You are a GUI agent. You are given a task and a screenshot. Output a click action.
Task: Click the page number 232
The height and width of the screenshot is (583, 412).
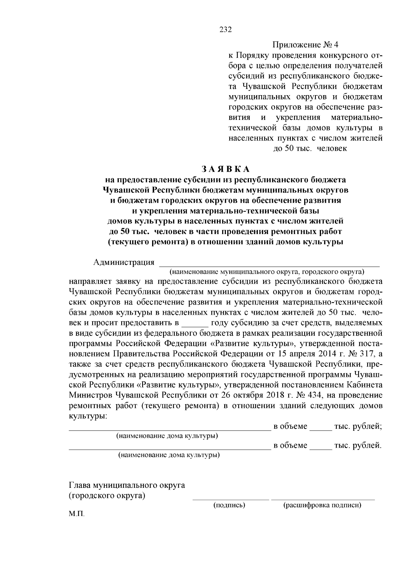pos(226,30)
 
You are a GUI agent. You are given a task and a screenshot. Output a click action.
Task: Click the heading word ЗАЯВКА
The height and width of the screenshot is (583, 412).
pos(226,169)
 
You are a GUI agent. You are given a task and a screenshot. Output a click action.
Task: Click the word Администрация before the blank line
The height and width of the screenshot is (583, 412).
pos(124,262)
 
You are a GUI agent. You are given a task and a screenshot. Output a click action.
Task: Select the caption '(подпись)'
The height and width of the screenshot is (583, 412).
pos(229,505)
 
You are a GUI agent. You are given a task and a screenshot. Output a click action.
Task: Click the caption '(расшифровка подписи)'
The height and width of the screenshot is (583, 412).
pos(322,505)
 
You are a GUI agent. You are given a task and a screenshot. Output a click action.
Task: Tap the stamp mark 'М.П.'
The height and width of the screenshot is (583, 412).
pos(76,515)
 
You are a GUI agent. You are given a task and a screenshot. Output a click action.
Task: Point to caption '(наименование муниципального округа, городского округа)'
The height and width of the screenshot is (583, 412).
pos(266,272)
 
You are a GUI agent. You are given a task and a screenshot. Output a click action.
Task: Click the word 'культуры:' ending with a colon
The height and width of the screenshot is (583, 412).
pos(88,416)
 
